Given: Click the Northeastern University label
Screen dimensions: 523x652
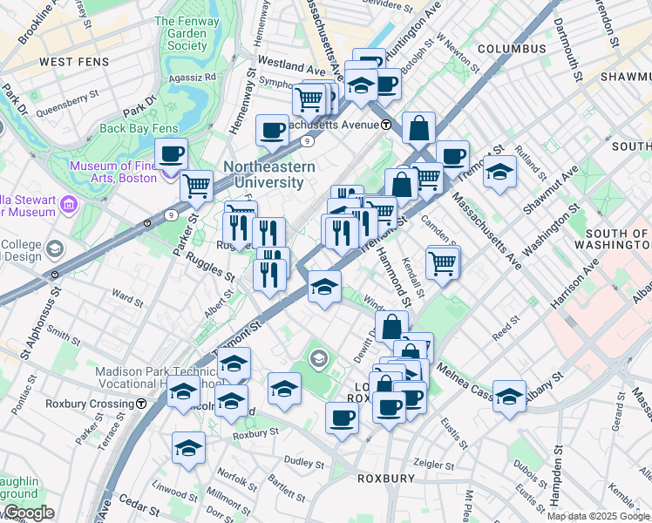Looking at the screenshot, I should coord(262,173).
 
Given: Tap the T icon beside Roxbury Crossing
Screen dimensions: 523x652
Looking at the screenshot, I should coord(140,404).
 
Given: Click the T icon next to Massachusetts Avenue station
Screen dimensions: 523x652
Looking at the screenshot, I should coord(386,125).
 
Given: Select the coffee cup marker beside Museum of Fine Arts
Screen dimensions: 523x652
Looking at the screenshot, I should coord(171,154).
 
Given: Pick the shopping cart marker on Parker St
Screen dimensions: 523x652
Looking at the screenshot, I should coord(197,186).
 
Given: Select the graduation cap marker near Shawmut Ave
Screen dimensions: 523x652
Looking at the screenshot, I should coord(500,171).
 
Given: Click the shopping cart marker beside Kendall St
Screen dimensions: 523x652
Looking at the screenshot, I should coord(443,262).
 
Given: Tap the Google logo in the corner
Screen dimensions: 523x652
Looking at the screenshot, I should coord(29,513).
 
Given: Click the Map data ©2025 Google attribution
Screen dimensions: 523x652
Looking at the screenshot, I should coord(598,516).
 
